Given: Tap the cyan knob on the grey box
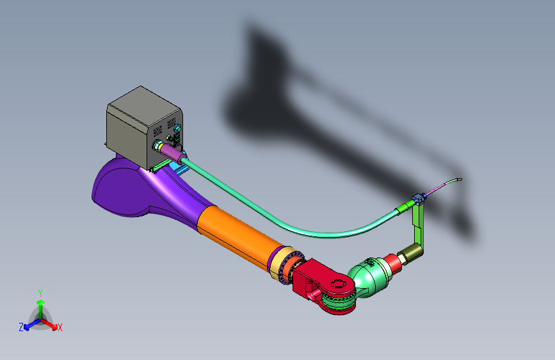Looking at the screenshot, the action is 178,128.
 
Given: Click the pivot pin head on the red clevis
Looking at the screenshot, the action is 338,284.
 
